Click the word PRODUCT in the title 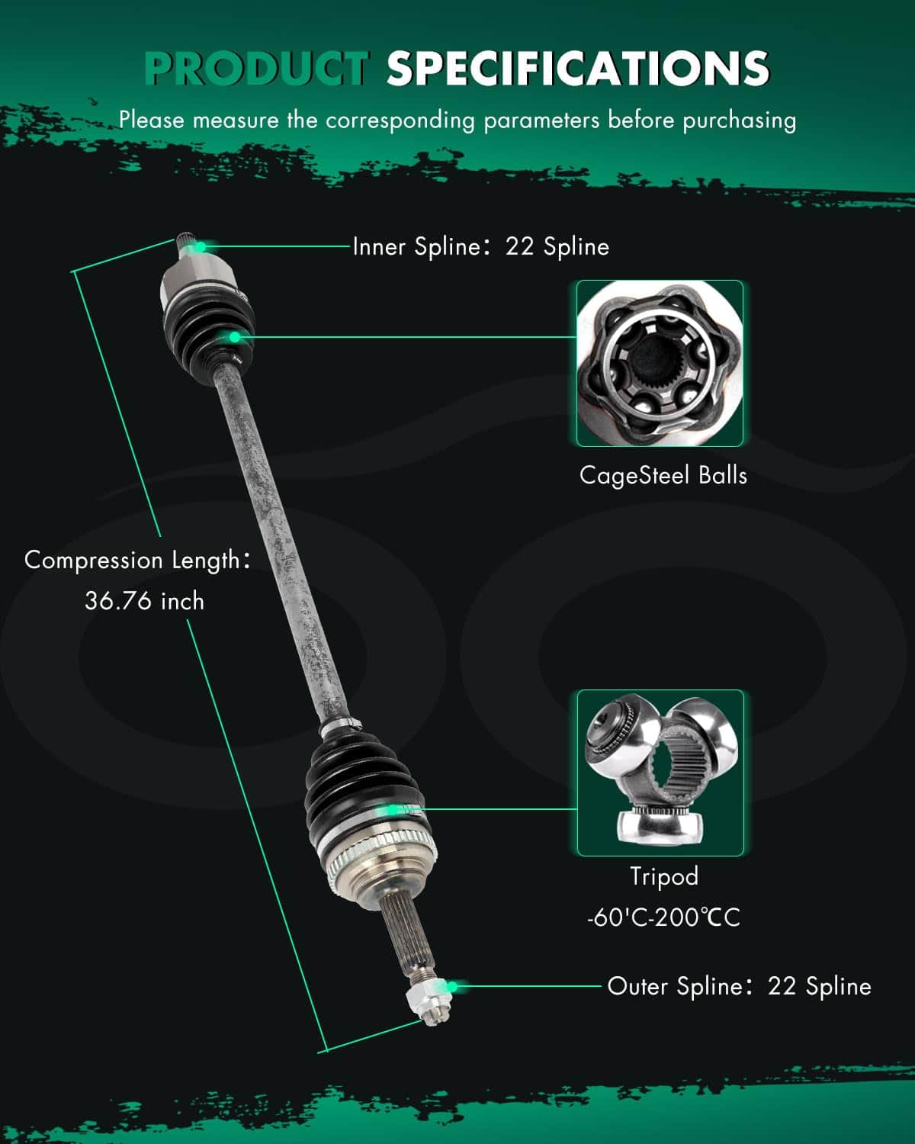(x=257, y=69)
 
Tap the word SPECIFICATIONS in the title (x=578, y=69)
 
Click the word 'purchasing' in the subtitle (x=740, y=121)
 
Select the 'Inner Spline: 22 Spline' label (x=481, y=246)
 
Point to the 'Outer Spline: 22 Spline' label (x=740, y=986)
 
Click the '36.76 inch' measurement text (x=145, y=601)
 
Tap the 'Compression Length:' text (x=137, y=561)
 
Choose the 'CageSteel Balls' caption (x=663, y=475)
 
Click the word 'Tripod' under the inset (x=664, y=877)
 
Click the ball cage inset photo (x=660, y=363)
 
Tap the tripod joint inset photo (x=660, y=773)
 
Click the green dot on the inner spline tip (x=201, y=246)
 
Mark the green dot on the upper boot (x=234, y=337)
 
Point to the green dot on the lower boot (x=393, y=810)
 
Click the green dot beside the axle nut (x=452, y=987)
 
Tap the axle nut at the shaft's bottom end (x=428, y=1001)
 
